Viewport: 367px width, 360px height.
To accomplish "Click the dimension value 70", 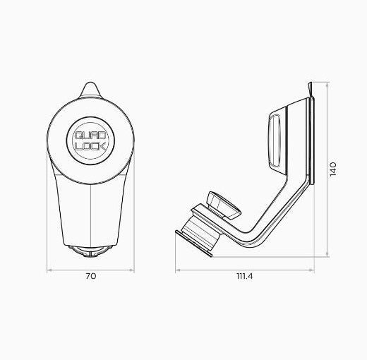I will (90, 277).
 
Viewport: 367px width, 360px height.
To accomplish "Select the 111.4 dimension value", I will (244, 277).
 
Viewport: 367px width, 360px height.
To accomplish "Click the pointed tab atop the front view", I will (90, 90).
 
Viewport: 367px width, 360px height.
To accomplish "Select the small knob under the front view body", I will (90, 251).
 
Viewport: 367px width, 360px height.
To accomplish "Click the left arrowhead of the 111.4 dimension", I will (177, 269).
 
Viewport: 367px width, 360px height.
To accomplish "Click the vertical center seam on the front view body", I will (90, 212).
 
